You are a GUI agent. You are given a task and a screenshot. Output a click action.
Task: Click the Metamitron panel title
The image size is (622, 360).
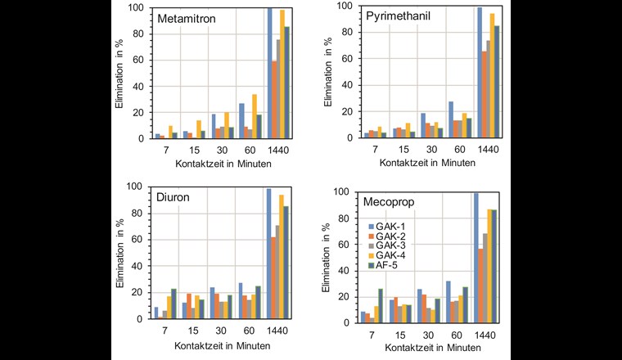189,19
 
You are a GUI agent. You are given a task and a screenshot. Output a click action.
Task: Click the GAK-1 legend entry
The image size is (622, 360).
398,226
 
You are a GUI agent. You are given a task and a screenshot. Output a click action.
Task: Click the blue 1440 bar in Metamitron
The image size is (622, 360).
269,74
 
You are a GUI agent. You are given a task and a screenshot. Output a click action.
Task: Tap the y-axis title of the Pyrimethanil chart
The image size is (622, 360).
327,74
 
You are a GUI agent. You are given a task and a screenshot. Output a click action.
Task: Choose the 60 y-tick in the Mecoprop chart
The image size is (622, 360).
341,245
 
